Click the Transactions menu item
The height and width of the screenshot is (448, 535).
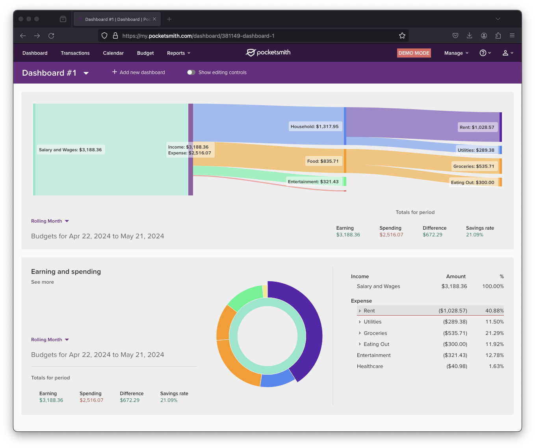75,53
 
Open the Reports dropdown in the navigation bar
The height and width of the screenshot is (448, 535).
178,53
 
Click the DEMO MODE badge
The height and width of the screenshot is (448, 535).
414,53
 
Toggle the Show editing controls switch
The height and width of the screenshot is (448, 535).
191,72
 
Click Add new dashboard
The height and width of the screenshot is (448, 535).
139,72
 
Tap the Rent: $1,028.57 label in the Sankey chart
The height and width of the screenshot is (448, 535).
477,127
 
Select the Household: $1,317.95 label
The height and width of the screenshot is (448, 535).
314,126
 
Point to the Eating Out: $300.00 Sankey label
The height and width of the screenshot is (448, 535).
472,182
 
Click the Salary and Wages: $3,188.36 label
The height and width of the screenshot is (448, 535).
70,150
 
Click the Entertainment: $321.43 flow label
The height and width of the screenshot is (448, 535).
313,182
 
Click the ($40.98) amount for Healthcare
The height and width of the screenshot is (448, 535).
457,366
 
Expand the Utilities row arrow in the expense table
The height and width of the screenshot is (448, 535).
360,322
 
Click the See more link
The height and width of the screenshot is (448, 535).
43,282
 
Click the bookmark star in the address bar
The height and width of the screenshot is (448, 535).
402,36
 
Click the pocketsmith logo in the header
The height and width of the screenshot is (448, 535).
268,53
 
